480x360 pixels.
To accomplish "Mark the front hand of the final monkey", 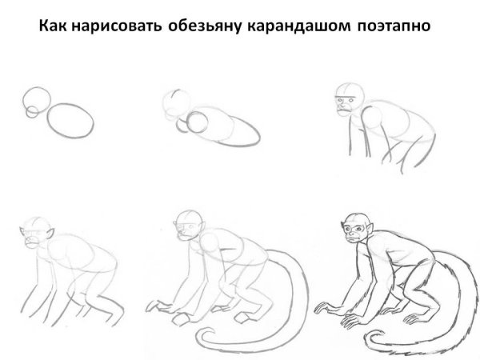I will (x=328, y=305).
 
